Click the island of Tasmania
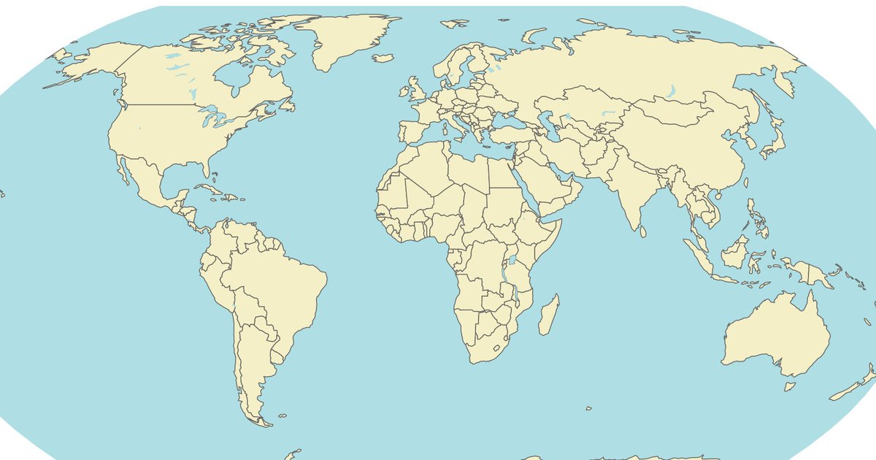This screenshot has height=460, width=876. tap(789, 385)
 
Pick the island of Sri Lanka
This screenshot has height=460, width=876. tap(642, 231)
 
